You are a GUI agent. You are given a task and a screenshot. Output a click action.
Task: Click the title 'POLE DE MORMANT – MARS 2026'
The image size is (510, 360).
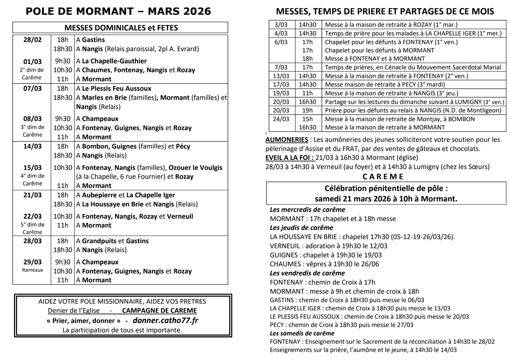[x=118, y=11]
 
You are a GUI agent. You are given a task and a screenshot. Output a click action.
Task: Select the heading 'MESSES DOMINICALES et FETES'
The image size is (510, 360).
[x=121, y=28]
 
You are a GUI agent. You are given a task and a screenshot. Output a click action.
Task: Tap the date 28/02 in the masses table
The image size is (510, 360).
[x=33, y=40]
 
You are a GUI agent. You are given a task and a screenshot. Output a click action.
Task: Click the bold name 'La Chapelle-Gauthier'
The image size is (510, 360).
[x=114, y=61]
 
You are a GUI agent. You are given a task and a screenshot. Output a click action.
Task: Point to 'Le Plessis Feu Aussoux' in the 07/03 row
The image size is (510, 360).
[x=116, y=88]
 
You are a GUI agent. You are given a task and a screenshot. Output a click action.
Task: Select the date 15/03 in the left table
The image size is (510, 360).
[x=33, y=168]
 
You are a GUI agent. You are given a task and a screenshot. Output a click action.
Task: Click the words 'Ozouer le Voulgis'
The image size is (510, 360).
[x=195, y=168]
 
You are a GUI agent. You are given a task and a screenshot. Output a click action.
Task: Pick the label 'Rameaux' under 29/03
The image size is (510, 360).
[x=33, y=270]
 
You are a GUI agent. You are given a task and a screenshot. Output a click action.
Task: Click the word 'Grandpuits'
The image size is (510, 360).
[x=99, y=241]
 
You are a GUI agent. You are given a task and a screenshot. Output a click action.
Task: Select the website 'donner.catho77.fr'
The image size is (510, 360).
[x=165, y=321]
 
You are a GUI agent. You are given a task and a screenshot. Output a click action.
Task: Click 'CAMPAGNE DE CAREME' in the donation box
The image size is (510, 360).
[x=159, y=311]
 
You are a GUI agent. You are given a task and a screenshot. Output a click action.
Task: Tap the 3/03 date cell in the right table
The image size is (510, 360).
[x=281, y=25]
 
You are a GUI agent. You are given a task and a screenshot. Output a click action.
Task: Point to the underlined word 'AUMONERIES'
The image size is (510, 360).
[x=287, y=140]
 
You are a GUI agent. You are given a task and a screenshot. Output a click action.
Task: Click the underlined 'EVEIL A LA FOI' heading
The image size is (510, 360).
[x=290, y=158]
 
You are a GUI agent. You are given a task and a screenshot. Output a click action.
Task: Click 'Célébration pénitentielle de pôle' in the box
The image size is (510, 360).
[x=386, y=189]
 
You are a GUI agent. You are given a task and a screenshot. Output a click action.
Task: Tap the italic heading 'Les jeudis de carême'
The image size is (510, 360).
[x=301, y=228]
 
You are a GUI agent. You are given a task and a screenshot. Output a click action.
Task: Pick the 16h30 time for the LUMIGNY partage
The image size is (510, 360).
[x=307, y=102]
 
